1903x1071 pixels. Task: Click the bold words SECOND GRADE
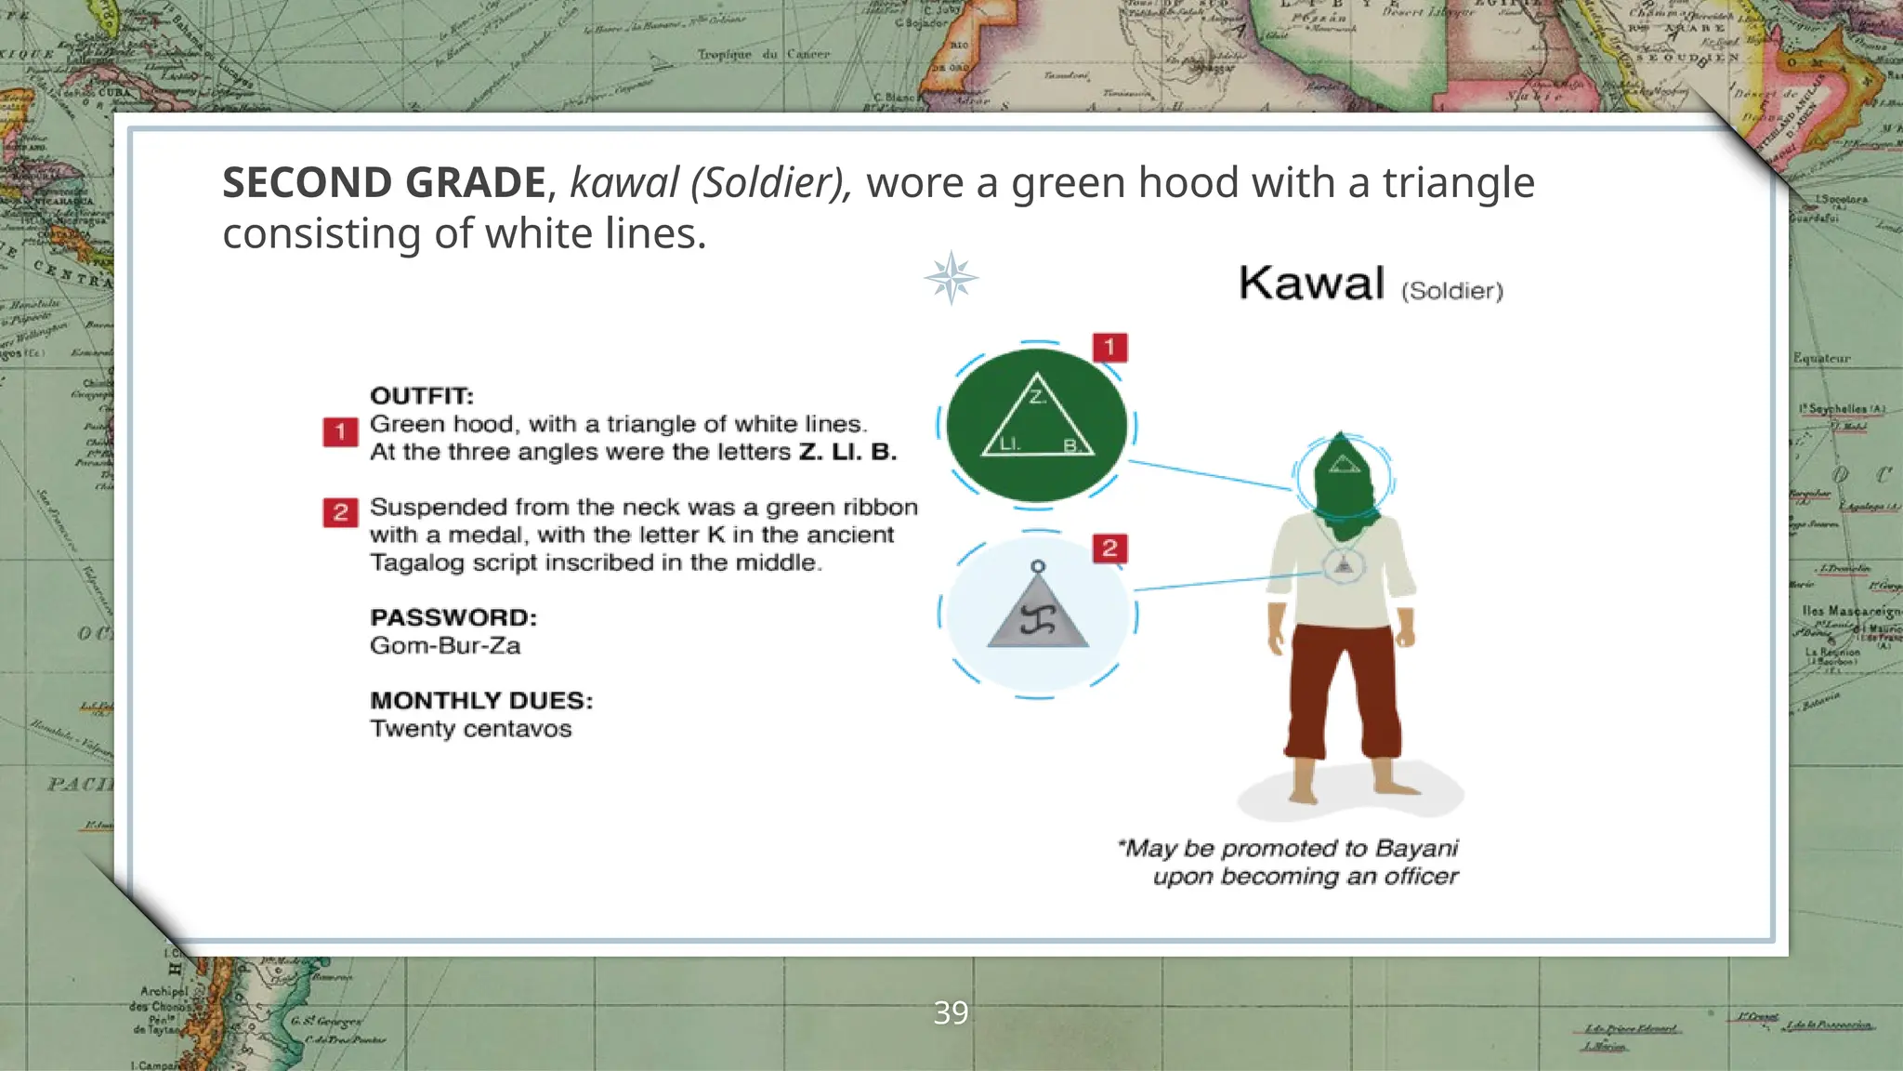coord(384,182)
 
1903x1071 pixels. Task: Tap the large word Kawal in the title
coord(1311,283)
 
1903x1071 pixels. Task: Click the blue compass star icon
coord(951,278)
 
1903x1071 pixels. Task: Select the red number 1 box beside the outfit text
coord(340,432)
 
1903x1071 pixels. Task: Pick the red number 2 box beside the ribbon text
coord(340,512)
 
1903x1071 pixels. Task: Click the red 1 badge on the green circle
coord(1109,348)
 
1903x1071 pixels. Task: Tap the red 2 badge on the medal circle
coord(1109,549)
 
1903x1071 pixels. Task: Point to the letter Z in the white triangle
coord(1037,398)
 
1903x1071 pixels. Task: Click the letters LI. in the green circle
coord(1009,444)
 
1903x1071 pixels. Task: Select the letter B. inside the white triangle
coord(1070,445)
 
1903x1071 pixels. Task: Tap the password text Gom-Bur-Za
coord(445,645)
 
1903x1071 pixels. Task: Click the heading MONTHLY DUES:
coord(481,700)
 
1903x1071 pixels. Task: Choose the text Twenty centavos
coord(470,728)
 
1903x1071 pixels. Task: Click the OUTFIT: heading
coord(422,396)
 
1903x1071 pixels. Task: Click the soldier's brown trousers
coord(1342,688)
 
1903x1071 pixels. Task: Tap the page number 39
coord(951,1012)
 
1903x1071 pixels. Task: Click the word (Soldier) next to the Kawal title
coord(1451,291)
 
